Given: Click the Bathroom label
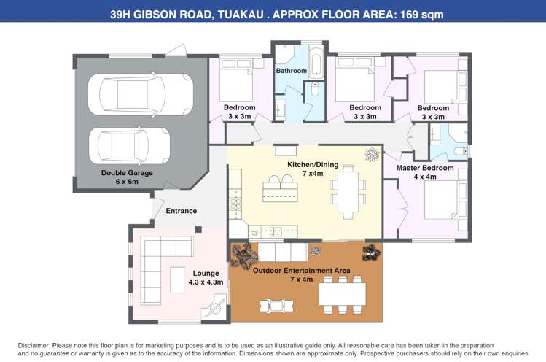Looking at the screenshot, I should tap(290, 71).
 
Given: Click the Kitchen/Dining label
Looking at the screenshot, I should tap(313, 165).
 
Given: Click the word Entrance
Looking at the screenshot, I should tap(182, 211).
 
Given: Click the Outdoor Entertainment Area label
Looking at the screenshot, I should tap(301, 271).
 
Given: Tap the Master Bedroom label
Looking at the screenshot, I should tap(425, 168).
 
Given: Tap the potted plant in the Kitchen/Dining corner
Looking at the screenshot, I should tap(372, 155).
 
